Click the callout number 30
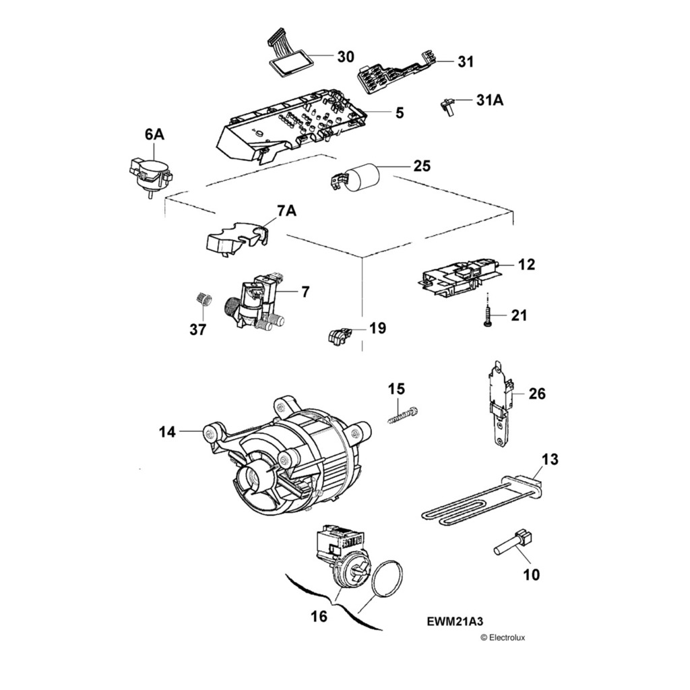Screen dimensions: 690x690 pyautogui.click(x=345, y=57)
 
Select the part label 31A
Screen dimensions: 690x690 pyautogui.click(x=489, y=100)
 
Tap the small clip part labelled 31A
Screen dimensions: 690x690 pyautogui.click(x=447, y=106)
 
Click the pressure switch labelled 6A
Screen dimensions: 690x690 pyautogui.click(x=150, y=175)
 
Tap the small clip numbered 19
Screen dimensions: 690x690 pyautogui.click(x=339, y=334)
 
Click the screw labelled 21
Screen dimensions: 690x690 pyautogui.click(x=487, y=315)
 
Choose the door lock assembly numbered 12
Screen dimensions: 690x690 pyautogui.click(x=461, y=277)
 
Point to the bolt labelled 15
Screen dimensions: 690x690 pyautogui.click(x=403, y=415)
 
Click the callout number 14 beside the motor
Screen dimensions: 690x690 pyautogui.click(x=167, y=431)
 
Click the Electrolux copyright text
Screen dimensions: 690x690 pyautogui.click(x=502, y=637)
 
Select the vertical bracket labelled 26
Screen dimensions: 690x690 pyautogui.click(x=500, y=404)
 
